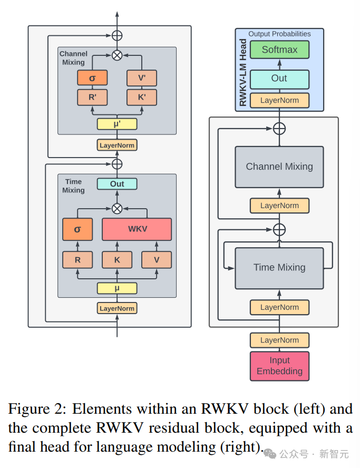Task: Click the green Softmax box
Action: coord(279,50)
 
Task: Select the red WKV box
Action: coord(137,229)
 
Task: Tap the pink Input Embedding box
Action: coord(279,366)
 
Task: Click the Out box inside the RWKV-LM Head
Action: coord(279,79)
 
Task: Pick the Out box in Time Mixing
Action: coord(117,183)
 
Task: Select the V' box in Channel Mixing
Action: coord(142,78)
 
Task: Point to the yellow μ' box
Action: coord(117,124)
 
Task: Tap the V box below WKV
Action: coord(157,260)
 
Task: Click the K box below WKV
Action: coord(117,260)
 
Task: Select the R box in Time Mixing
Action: coord(77,260)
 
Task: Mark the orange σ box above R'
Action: coord(92,78)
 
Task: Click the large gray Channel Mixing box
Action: coord(279,167)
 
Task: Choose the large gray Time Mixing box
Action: coord(279,267)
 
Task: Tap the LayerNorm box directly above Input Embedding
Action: coord(279,340)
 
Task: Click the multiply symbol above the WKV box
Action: coord(117,208)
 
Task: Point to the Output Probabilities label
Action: coord(279,34)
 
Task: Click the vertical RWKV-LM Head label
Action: coord(243,73)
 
